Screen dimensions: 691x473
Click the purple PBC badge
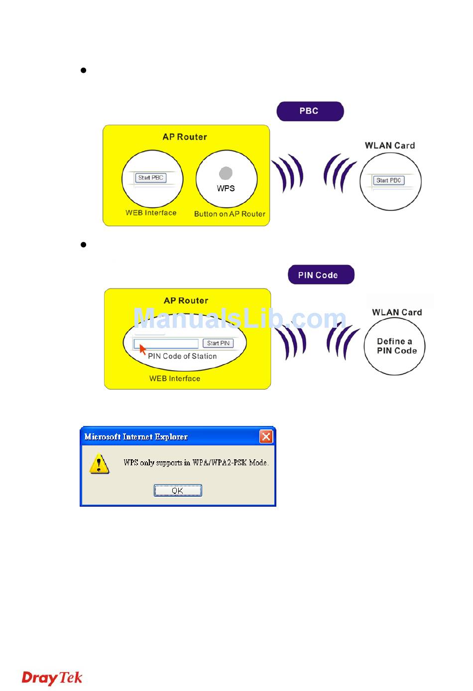[310, 111]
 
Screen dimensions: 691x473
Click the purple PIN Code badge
[321, 275]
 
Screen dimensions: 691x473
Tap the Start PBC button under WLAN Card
[388, 180]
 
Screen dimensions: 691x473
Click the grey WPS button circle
[226, 173]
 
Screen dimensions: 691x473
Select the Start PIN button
[218, 343]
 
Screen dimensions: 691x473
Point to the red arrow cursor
[142, 349]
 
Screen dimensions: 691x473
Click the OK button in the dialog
[177, 491]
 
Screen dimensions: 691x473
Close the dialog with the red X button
[266, 437]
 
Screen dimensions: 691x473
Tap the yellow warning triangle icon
[99, 464]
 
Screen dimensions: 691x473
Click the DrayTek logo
[52, 678]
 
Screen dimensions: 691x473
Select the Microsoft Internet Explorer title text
[136, 437]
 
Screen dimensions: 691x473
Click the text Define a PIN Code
[396, 346]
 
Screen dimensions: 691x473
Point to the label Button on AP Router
[230, 214]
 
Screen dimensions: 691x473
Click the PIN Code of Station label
[182, 356]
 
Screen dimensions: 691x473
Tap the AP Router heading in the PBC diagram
[185, 137]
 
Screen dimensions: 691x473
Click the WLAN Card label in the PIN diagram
[397, 312]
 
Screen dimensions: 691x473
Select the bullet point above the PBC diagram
[84, 70]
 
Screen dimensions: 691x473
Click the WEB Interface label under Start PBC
[151, 213]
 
